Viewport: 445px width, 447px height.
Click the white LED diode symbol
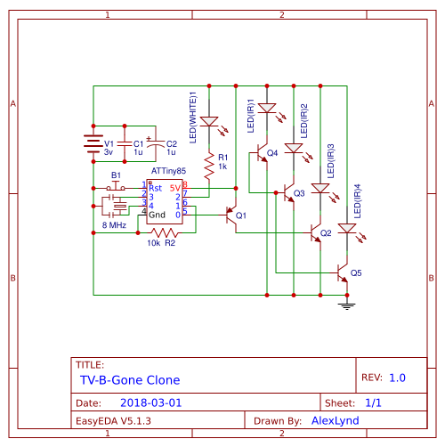pos(209,121)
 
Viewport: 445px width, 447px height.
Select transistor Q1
pos(231,215)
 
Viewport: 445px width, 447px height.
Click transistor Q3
pos(289,191)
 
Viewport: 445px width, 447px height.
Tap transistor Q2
pos(315,233)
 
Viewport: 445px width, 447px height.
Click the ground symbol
pos(347,305)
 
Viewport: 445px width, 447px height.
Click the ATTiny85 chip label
pos(167,170)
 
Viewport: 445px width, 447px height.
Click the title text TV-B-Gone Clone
pos(130,378)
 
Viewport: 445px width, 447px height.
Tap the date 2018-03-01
pos(150,402)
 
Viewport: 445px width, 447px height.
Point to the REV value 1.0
pos(397,378)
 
